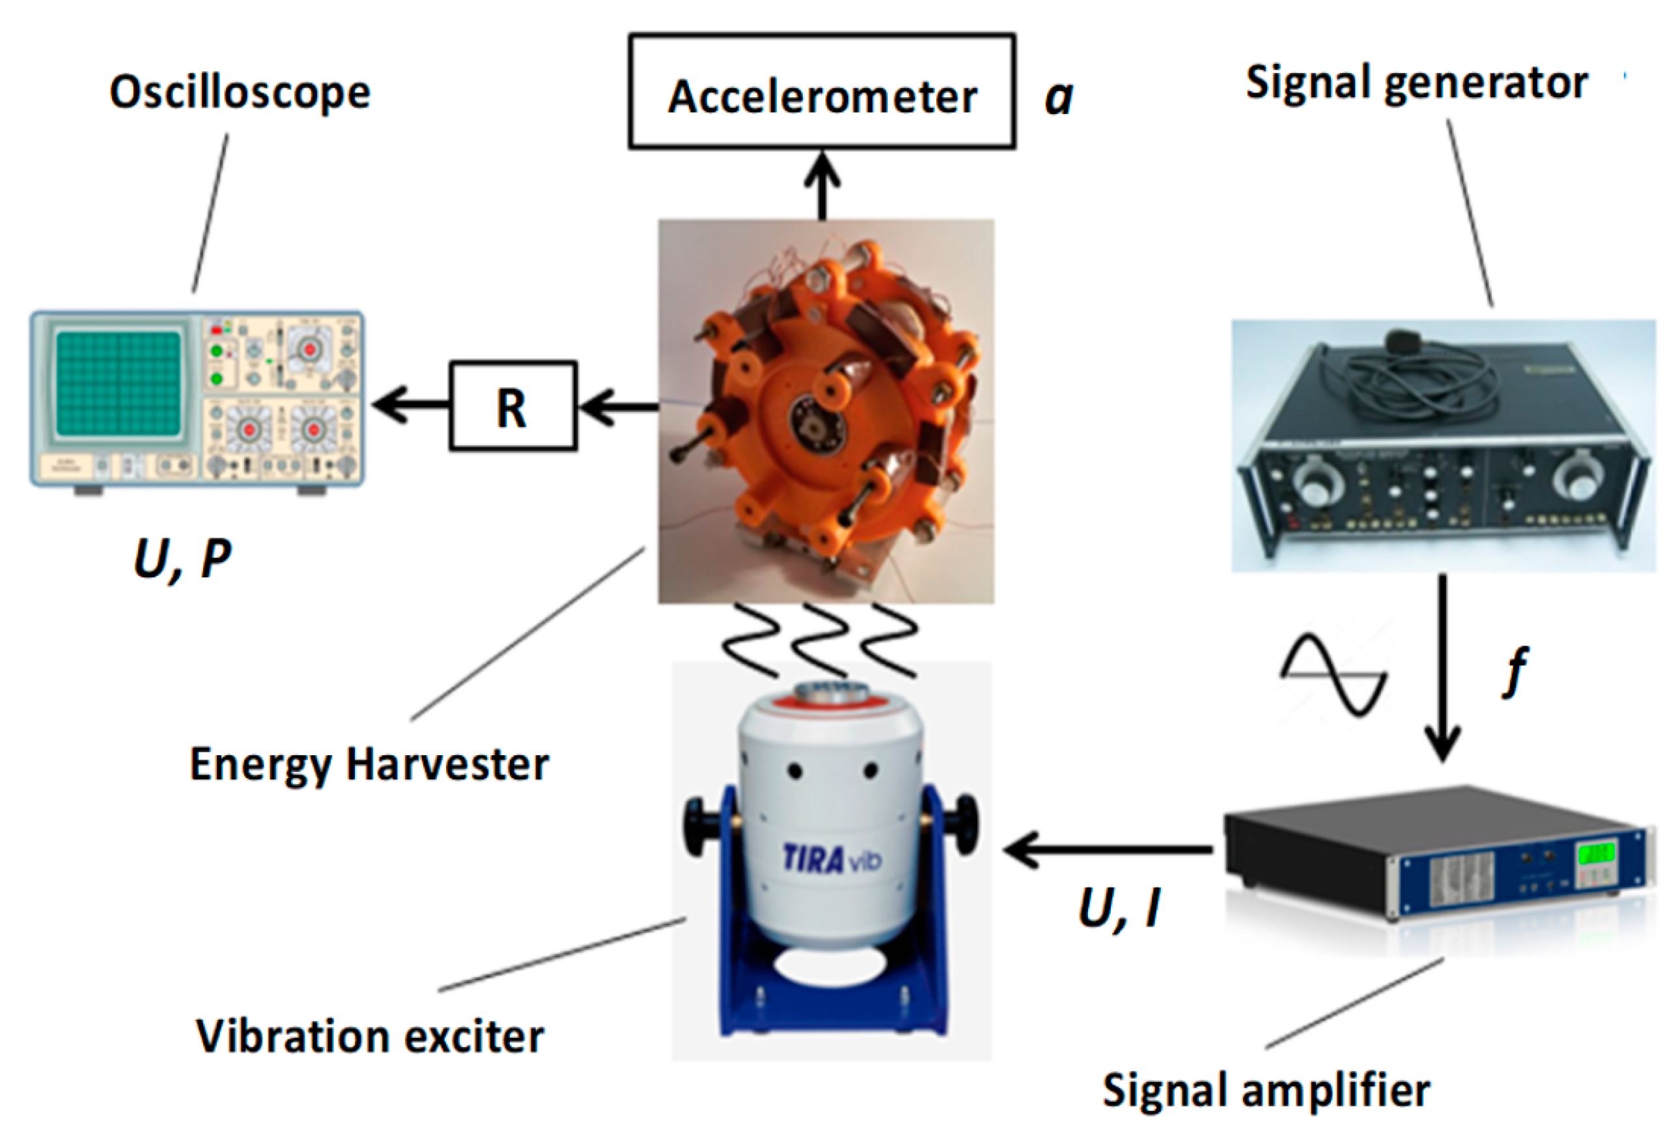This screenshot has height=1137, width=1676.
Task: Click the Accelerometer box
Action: click(x=822, y=92)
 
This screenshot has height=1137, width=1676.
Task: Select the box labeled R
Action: click(x=512, y=406)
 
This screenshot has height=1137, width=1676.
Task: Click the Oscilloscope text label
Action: click(x=240, y=93)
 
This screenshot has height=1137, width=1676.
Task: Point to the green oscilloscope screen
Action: click(x=119, y=383)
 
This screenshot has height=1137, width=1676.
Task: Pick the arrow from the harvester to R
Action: click(x=618, y=407)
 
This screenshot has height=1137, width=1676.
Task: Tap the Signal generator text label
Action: click(x=1416, y=83)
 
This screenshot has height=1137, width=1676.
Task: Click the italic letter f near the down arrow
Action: click(x=1516, y=671)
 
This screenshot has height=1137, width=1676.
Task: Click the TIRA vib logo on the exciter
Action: click(x=831, y=859)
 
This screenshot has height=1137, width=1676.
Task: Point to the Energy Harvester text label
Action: click(x=369, y=764)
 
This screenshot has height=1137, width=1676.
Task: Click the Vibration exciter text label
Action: click(x=369, y=1037)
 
